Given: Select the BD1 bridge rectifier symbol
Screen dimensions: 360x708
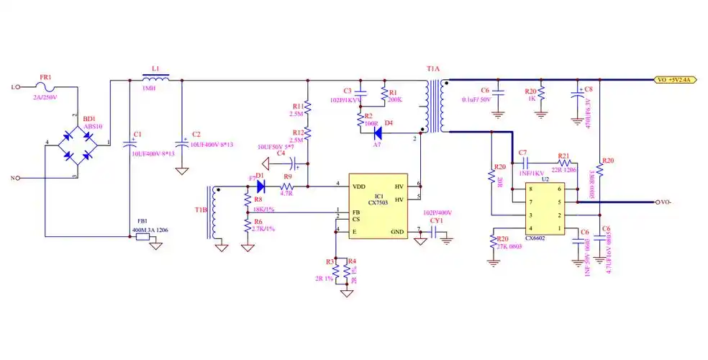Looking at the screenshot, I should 79,144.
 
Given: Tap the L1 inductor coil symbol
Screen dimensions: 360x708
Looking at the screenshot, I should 155,78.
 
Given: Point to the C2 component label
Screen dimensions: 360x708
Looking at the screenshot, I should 196,135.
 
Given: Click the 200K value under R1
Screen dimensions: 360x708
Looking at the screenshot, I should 394,100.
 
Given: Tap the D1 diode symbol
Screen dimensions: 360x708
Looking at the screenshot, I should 260,186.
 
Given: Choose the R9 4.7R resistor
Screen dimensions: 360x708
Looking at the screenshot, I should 288,186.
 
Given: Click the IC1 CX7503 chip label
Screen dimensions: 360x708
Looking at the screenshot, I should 378,199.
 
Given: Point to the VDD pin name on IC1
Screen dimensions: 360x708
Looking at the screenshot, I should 358,186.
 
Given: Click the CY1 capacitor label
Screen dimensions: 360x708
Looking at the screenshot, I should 436,221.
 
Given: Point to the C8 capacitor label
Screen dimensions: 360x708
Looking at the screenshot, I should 588,90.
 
